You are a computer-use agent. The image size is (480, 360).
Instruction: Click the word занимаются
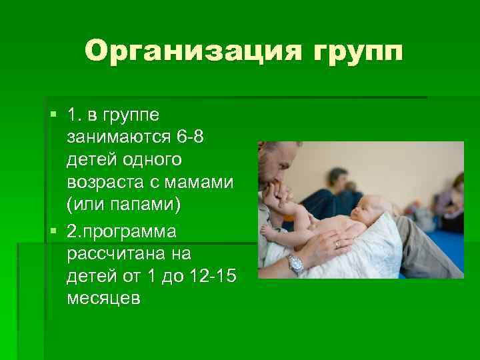point(118,137)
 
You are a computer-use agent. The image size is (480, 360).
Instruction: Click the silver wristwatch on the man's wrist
point(295,263)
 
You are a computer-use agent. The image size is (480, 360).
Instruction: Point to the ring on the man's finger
point(337,245)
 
